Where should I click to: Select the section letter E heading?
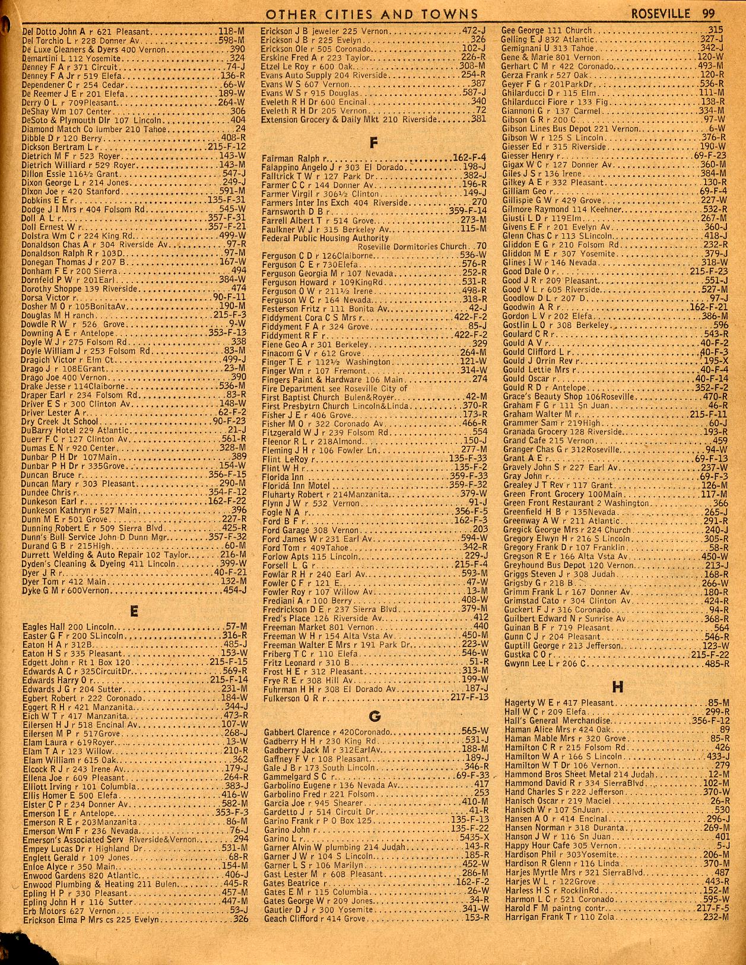click(134, 610)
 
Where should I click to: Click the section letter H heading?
click(617, 687)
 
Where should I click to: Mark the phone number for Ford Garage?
click(480, 529)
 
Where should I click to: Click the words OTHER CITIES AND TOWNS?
click(373, 13)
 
